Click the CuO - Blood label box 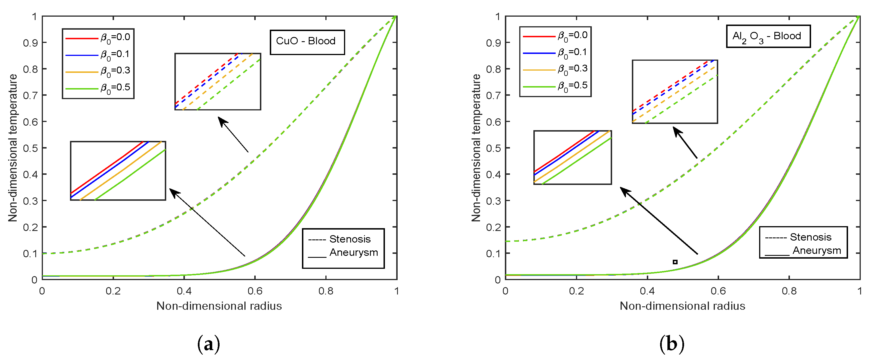click(x=307, y=42)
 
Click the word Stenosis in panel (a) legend click(x=350, y=239)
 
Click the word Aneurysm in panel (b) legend click(x=816, y=250)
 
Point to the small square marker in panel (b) click(x=675, y=262)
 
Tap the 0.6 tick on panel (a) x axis click(x=255, y=291)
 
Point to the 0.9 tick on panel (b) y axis click(x=493, y=43)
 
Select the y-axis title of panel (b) click(x=476, y=148)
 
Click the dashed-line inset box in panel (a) click(x=218, y=81)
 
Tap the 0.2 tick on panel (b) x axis click(x=576, y=291)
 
